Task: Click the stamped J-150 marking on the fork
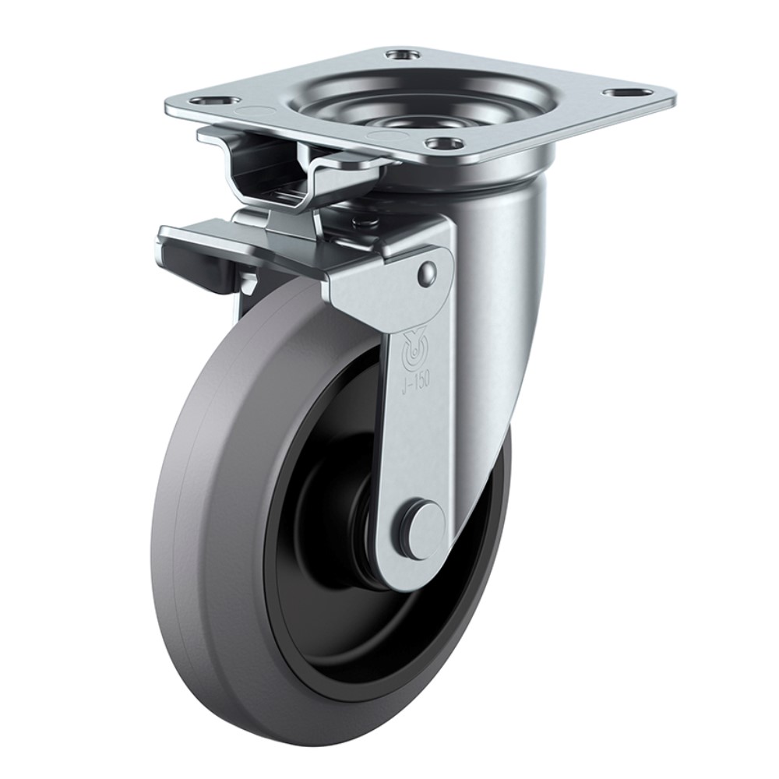(416, 382)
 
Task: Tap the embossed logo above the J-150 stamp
(414, 351)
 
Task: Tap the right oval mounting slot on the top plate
(622, 93)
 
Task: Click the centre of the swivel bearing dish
(395, 122)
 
